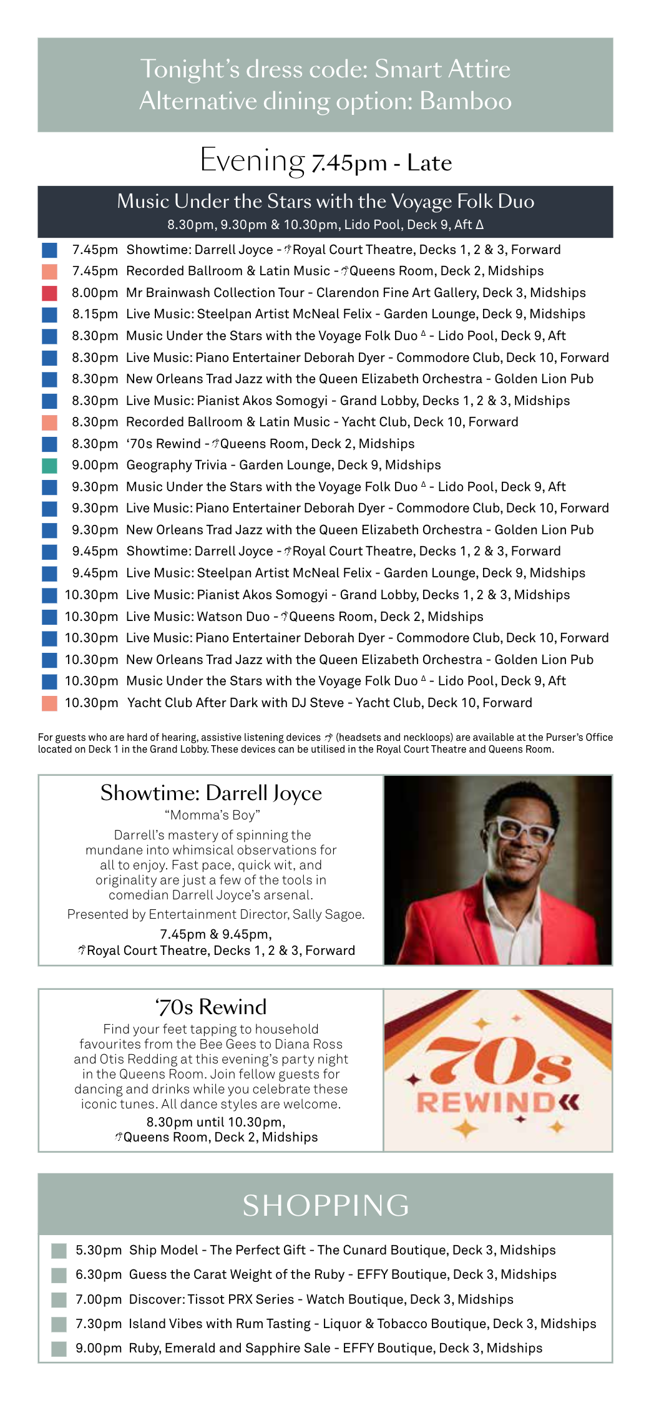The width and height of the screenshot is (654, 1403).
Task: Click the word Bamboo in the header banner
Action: pos(466,101)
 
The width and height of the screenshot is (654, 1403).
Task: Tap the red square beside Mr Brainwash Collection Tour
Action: pos(49,293)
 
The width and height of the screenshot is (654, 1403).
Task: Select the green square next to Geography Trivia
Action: pos(49,466)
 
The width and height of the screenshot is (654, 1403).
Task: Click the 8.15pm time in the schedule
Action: pos(95,315)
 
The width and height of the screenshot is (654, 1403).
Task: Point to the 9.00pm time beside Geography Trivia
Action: pos(95,466)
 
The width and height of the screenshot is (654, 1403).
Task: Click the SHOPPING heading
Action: pos(326,1205)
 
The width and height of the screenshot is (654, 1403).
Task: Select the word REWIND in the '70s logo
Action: pos(485,1103)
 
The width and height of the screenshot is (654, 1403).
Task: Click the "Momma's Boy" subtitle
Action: pos(212,815)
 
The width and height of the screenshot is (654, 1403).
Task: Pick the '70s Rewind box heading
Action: pos(211,1007)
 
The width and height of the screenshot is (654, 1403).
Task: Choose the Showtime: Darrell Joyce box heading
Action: pos(211,793)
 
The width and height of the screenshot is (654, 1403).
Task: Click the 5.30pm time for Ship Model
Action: pos(99,1250)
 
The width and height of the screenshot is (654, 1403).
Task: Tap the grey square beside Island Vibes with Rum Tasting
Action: pos(59,1324)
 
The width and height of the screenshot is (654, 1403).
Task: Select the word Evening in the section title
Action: pos(252,160)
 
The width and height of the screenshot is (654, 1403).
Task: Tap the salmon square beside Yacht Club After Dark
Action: pos(49,703)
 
